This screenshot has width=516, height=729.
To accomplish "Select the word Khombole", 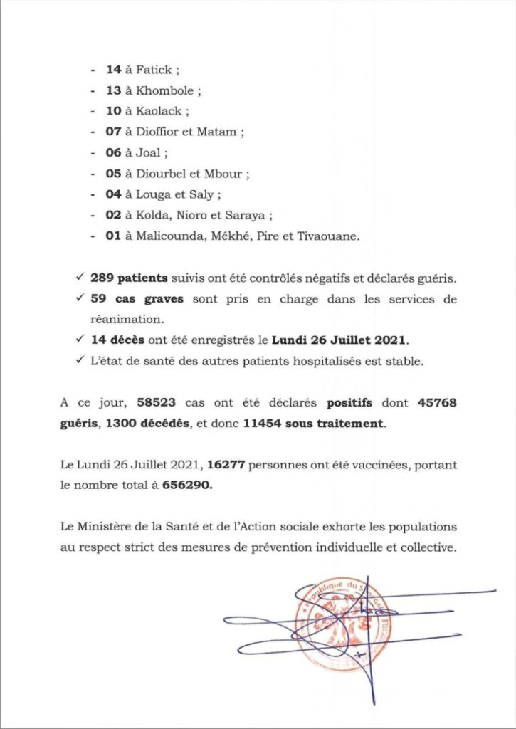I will pyautogui.click(x=169, y=91).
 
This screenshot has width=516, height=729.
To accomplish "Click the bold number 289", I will pyautogui.click(x=102, y=278).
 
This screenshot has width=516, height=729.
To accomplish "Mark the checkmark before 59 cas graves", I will pyautogui.click(x=80, y=299).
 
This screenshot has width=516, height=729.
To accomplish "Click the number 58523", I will pyautogui.click(x=148, y=403).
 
